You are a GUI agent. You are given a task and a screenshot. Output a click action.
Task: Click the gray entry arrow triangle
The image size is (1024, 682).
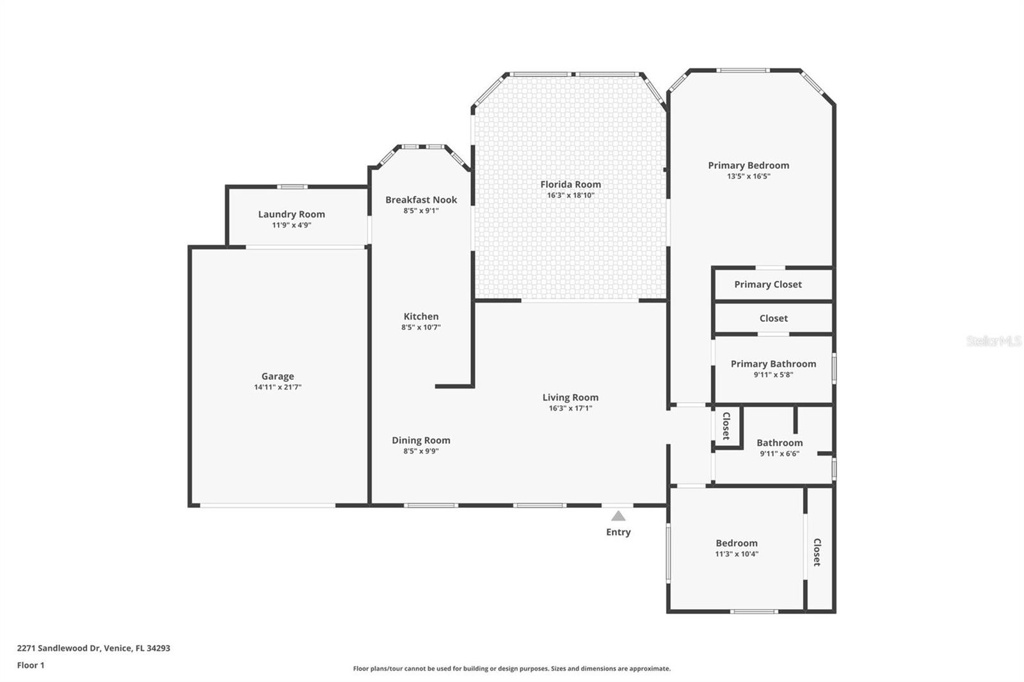point(618,516)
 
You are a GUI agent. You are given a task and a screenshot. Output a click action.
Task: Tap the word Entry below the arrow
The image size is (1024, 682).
point(618,532)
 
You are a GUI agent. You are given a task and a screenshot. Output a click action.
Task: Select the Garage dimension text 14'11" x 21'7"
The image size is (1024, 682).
point(278,387)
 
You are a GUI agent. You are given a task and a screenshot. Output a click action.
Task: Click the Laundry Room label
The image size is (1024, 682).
point(291,214)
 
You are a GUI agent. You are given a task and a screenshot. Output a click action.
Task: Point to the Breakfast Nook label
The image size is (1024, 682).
point(421,200)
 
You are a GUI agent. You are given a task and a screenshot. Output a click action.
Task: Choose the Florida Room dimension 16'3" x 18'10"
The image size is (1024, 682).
point(570,195)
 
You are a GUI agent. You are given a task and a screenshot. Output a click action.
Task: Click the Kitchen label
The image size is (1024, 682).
point(421,316)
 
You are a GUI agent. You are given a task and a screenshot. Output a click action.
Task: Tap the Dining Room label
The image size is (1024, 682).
point(421,440)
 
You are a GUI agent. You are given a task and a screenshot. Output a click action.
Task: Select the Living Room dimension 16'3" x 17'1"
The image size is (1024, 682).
point(570,408)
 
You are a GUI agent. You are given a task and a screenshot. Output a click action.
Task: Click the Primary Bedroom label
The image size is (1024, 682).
point(748,166)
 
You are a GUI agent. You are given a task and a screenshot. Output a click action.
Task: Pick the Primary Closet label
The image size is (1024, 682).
point(768,284)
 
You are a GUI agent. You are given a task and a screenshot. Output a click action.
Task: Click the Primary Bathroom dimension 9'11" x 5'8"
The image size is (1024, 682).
point(774,375)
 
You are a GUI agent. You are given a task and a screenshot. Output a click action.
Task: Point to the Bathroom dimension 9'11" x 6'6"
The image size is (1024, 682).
point(780,454)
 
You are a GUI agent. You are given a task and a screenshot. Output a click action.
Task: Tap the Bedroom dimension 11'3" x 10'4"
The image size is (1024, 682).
point(737,554)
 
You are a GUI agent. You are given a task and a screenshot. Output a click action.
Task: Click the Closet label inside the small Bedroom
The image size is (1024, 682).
point(817,552)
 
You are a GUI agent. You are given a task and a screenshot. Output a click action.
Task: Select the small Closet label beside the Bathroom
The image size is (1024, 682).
point(726,426)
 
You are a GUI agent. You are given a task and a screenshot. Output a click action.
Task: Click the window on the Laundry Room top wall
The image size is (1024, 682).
point(292,187)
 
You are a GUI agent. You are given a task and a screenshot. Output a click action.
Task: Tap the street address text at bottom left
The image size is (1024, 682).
point(93,647)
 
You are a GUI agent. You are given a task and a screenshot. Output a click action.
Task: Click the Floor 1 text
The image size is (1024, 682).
point(31,665)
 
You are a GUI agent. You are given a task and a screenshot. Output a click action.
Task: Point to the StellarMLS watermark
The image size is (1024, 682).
point(993,340)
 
